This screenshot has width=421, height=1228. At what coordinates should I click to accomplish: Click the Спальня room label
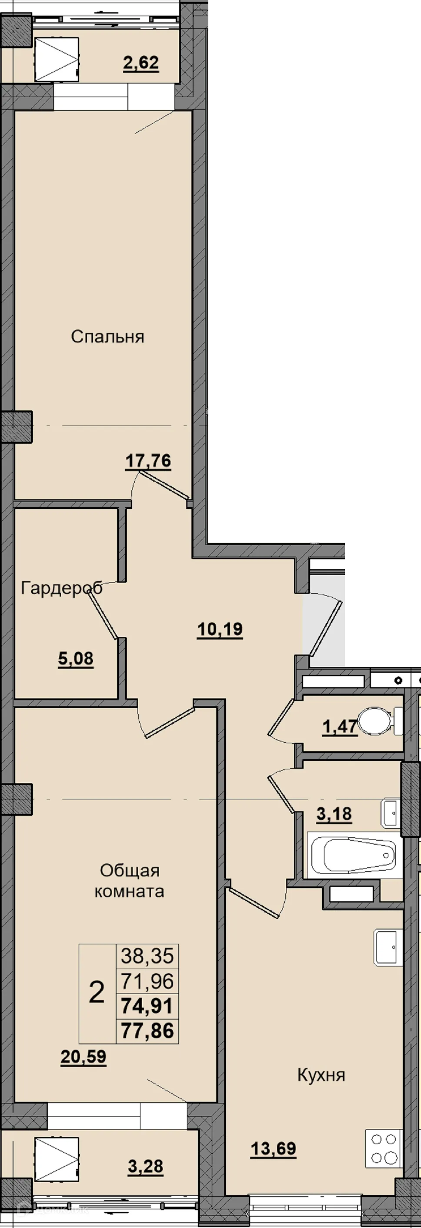107,336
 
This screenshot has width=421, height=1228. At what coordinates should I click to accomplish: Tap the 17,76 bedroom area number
148,461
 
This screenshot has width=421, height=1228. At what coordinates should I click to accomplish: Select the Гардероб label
61,588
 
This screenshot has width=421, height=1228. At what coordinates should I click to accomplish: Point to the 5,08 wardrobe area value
76,659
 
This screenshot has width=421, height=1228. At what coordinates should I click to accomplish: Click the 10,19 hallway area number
220,629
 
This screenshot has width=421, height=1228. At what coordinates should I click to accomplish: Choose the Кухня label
321,1075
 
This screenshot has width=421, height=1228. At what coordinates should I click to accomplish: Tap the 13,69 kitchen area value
274,1149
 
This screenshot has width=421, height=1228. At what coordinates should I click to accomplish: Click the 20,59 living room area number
84,1057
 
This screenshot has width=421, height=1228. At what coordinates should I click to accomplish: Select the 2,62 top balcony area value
141,63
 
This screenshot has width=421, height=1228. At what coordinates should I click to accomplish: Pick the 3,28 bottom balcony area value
146,1167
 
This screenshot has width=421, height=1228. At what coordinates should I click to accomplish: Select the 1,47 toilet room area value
340,727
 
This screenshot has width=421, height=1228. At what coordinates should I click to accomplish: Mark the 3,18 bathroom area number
334,814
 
